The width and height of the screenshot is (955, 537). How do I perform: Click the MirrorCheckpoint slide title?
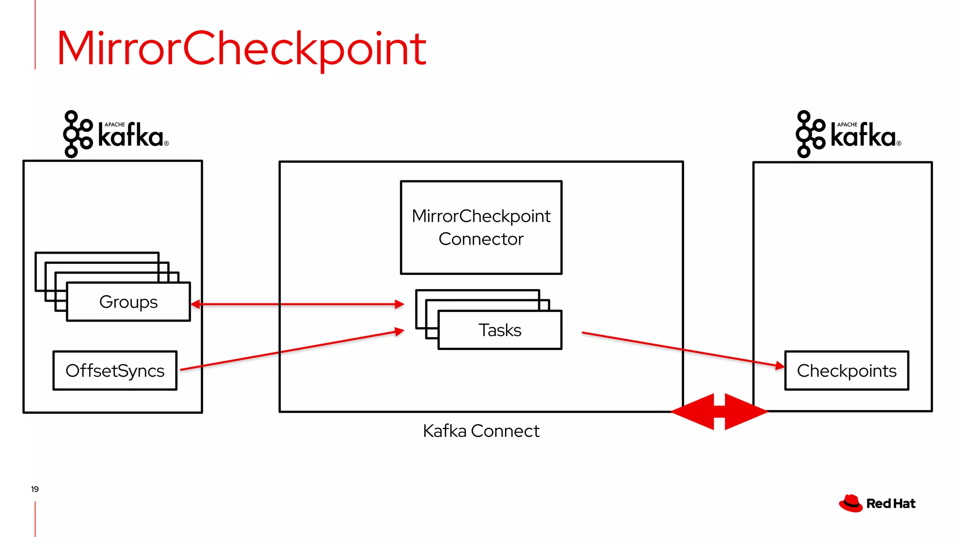pyautogui.click(x=242, y=48)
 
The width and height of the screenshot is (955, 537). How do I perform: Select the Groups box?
pyautogui.click(x=128, y=302)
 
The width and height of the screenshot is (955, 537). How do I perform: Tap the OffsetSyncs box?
pyautogui.click(x=115, y=371)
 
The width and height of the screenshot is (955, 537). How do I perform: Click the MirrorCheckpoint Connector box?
pyautogui.click(x=481, y=227)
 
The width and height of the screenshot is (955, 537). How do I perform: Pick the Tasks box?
pyautogui.click(x=499, y=330)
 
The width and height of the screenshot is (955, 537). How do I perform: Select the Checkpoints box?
pyautogui.click(x=846, y=371)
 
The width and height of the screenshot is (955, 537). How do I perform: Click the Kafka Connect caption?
pyautogui.click(x=481, y=431)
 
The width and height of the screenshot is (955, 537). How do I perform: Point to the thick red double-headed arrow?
pyautogui.click(x=719, y=412)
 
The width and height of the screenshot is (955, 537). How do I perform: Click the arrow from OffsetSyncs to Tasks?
pyautogui.click(x=289, y=351)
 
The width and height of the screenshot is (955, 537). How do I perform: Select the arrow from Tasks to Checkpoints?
pyautogui.click(x=681, y=349)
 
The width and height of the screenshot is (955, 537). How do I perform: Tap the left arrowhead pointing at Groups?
pyautogui.click(x=196, y=304)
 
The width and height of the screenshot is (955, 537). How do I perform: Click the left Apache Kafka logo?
pyautogui.click(x=115, y=134)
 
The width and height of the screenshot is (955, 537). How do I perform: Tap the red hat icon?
pyautogui.click(x=851, y=503)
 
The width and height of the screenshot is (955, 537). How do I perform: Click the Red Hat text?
pyautogui.click(x=891, y=504)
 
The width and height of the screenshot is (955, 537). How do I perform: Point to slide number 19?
pyautogui.click(x=35, y=489)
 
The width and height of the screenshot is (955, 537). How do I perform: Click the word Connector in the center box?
pyautogui.click(x=481, y=239)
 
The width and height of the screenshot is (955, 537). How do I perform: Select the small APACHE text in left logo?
pyautogui.click(x=115, y=124)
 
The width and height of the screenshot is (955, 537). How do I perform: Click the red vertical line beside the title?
pyautogui.click(x=35, y=35)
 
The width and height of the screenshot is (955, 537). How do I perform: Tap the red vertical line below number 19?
pyautogui.click(x=35, y=518)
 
